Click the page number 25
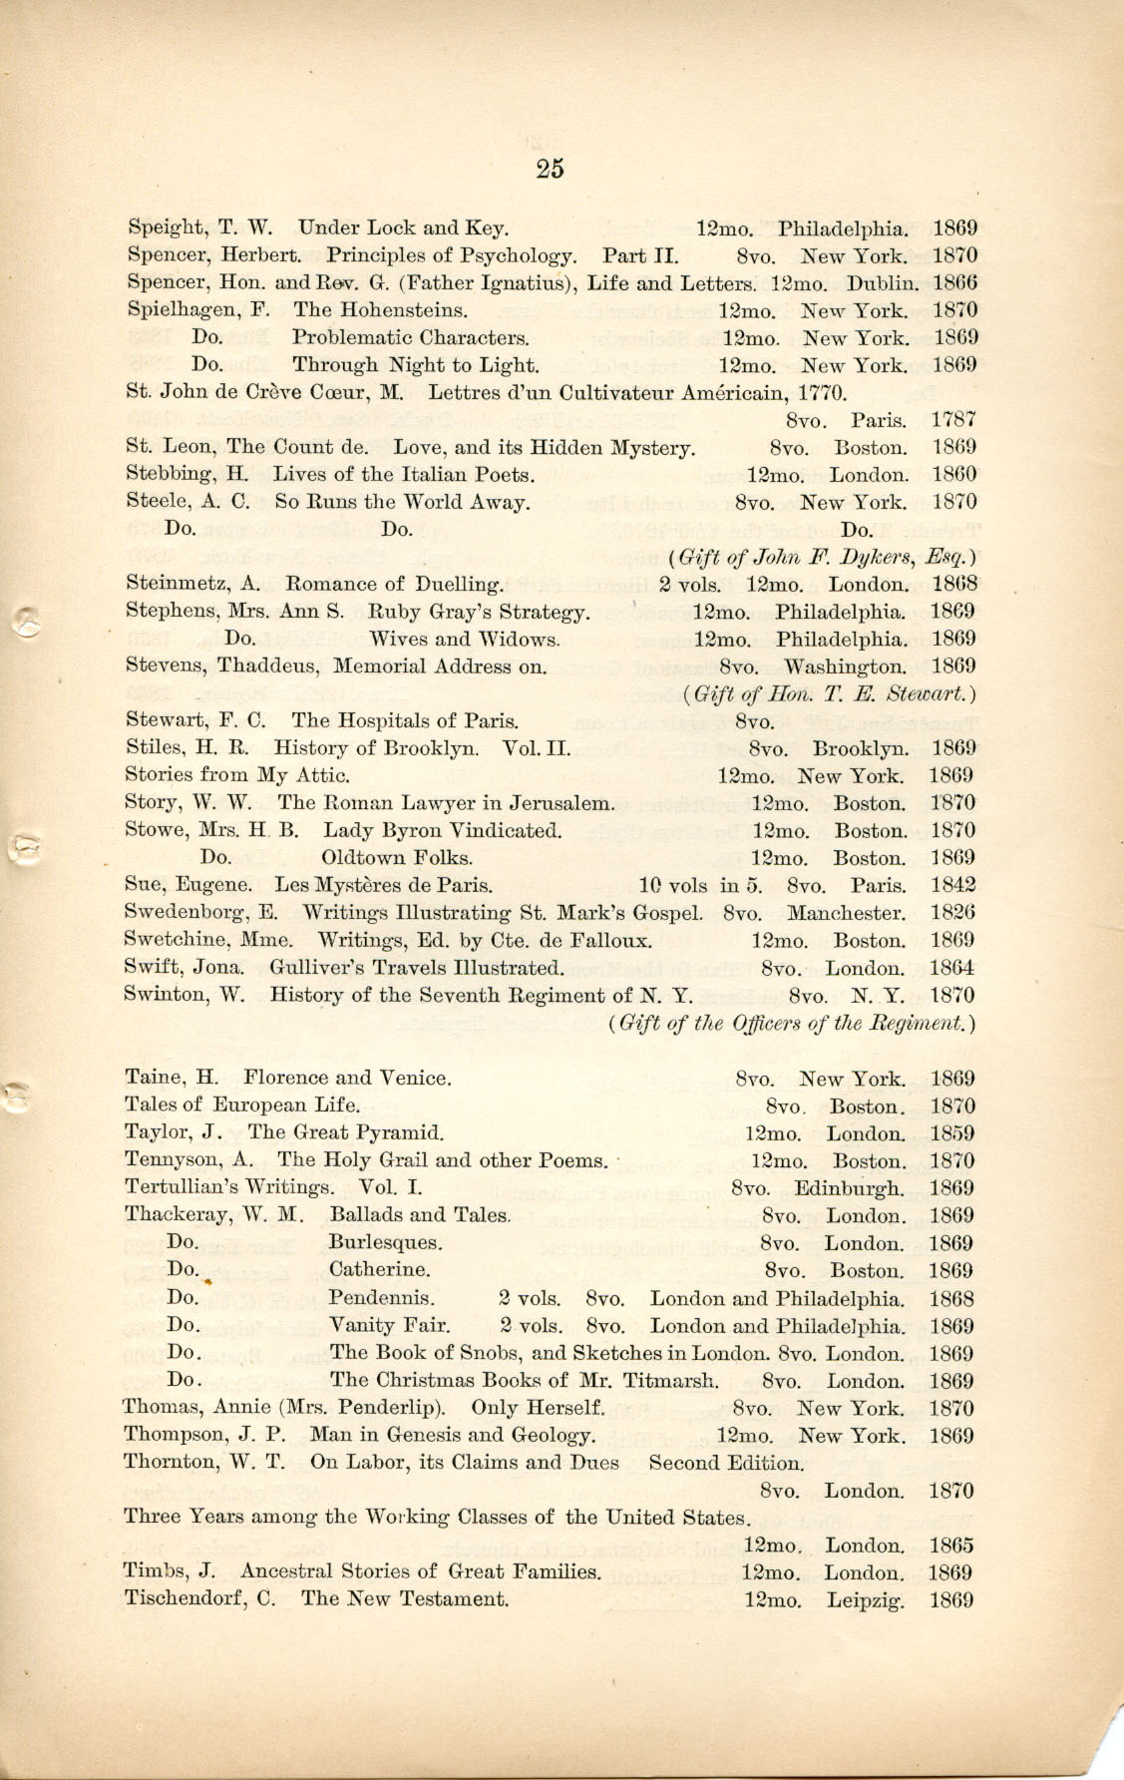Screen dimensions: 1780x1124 coord(550,168)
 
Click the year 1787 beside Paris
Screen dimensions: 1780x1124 coord(954,420)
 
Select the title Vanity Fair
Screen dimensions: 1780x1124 coord(389,1326)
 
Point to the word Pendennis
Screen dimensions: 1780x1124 coord(382,1298)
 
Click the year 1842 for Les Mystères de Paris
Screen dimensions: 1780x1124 coord(952,885)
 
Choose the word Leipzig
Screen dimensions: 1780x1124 coord(866,1600)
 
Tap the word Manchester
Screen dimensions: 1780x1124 coord(846,913)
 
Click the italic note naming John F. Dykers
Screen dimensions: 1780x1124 coord(821,557)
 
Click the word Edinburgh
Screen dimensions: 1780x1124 coord(849,1188)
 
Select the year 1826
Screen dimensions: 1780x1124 coord(952,913)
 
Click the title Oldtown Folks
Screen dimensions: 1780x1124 coord(397,858)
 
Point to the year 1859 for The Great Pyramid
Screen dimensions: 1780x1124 coord(952,1133)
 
